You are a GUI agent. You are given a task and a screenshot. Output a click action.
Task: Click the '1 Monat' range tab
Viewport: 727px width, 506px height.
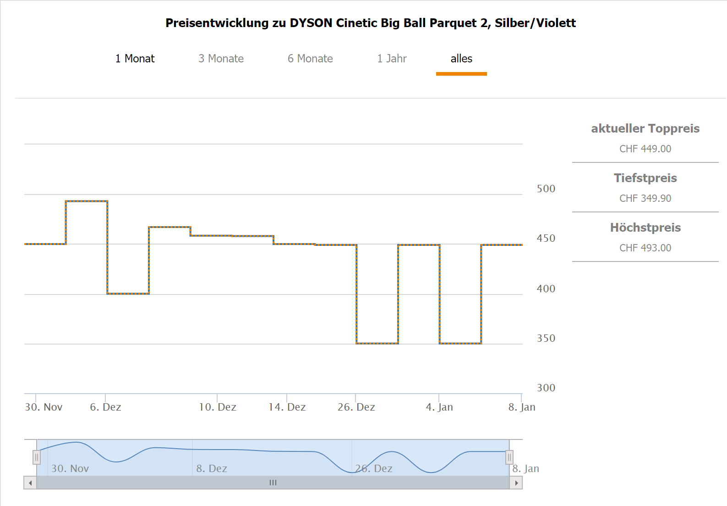(x=135, y=59)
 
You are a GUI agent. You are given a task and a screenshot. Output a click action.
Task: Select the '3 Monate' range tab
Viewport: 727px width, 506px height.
(x=221, y=59)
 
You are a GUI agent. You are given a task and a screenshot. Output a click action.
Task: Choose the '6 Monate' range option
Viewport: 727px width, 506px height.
(x=310, y=59)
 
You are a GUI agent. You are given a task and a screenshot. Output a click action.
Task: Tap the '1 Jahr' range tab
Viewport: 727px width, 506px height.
(x=392, y=59)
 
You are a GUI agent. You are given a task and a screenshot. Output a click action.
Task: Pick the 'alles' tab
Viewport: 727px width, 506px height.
(x=461, y=59)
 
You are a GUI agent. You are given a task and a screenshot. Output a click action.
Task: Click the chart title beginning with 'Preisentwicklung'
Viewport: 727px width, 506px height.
(x=370, y=23)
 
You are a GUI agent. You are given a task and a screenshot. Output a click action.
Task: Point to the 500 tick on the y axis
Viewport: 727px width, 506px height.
(x=546, y=189)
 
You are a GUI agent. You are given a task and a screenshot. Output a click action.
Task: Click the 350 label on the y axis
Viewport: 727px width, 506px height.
(x=546, y=338)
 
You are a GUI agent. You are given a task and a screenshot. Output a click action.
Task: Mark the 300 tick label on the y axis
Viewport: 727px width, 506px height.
(x=546, y=388)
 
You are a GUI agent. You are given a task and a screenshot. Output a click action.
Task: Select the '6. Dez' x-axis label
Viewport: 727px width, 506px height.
(x=105, y=407)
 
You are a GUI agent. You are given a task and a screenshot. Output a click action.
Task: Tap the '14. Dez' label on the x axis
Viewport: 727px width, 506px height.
(x=287, y=407)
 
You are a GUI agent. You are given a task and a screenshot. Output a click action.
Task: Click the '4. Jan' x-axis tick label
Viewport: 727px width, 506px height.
(x=439, y=407)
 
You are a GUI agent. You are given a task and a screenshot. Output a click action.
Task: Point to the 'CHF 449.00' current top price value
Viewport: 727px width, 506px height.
(x=645, y=149)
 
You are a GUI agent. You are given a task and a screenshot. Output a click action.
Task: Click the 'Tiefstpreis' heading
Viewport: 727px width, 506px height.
(x=645, y=178)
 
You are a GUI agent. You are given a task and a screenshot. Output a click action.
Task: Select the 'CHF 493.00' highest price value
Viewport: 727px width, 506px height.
(x=645, y=248)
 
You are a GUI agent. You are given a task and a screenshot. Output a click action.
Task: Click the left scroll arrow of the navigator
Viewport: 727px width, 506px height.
(x=30, y=483)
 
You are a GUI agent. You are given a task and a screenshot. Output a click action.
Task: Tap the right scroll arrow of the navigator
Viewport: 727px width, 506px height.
(x=516, y=483)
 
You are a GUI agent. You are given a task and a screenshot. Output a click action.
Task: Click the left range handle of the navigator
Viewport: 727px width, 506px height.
(x=37, y=457)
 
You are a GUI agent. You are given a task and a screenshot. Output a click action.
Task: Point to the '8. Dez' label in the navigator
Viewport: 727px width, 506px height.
(x=212, y=468)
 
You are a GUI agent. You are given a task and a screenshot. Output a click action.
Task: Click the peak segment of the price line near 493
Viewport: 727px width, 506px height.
(x=87, y=201)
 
